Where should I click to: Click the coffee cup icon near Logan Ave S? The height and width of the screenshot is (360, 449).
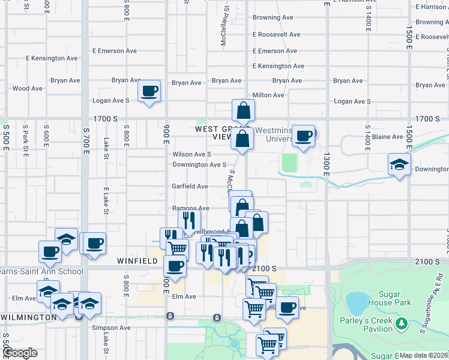[149, 92]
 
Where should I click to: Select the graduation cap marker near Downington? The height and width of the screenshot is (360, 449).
[399, 164]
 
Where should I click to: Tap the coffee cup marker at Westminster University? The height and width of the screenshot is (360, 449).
[304, 137]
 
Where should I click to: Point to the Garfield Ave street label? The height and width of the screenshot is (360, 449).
[190, 187]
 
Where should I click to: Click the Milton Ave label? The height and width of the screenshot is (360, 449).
[268, 95]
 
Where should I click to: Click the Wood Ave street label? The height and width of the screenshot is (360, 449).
[28, 88]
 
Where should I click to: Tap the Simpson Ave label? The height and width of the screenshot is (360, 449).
[111, 328]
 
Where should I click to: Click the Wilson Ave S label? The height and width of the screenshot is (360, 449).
[192, 154]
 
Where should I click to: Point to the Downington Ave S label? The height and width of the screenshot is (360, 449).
[199, 164]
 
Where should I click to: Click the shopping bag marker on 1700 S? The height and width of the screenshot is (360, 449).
[243, 110]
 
